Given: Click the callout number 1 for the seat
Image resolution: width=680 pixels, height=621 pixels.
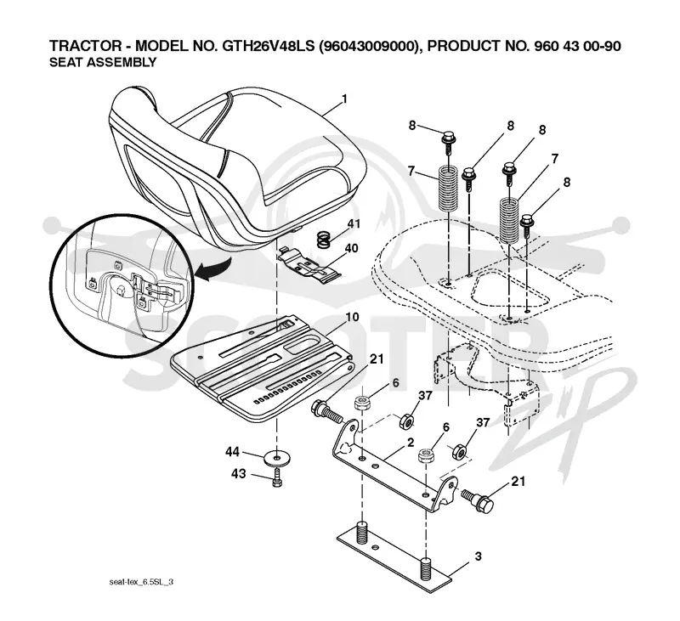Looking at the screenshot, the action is (x=344, y=99).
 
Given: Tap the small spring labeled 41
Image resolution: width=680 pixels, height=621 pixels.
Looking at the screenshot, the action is (x=323, y=240).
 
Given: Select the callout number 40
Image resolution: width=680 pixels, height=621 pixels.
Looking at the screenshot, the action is (x=351, y=248).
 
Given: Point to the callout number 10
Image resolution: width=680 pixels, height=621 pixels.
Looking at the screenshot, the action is (x=352, y=317).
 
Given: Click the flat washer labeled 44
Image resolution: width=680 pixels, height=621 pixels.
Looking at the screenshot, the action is (x=276, y=458).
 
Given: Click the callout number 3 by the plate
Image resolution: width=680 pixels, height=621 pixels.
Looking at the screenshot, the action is (x=478, y=556).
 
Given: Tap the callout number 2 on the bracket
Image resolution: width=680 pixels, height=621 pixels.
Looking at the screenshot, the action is (x=411, y=443).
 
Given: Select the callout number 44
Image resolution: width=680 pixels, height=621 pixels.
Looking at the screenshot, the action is (x=232, y=452).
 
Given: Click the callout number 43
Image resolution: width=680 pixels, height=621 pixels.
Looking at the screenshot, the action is (x=239, y=474).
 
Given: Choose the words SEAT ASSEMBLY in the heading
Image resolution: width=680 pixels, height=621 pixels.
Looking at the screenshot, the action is (x=103, y=62).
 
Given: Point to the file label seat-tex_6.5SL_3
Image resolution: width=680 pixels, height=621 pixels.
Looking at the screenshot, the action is (x=141, y=582).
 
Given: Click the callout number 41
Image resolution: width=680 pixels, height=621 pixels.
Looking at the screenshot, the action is (x=354, y=223).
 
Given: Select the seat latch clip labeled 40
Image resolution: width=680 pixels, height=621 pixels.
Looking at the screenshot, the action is (x=309, y=265).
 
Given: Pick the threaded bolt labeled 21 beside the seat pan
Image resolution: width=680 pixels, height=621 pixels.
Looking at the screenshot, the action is (x=327, y=413).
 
